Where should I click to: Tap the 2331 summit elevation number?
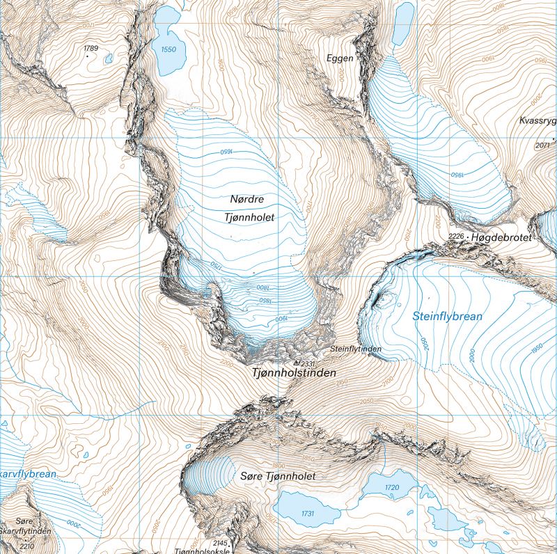(308, 363)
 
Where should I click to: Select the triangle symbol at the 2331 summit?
(296, 363)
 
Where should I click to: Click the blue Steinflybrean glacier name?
(447, 316)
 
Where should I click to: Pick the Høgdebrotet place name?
(501, 238)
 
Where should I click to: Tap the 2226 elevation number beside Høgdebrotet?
(457, 237)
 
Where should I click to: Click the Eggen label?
(340, 58)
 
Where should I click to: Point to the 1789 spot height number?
(91, 48)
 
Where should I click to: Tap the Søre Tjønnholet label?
(277, 476)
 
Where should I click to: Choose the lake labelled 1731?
(308, 512)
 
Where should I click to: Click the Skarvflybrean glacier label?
(28, 474)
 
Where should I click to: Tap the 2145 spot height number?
(220, 543)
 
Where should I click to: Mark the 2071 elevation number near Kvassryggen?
(543, 145)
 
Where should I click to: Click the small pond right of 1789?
(109, 59)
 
